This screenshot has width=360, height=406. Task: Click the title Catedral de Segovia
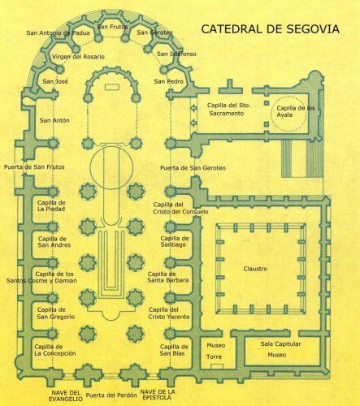pyautogui.click(x=270, y=29)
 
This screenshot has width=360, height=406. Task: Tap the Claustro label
pyautogui.click(x=255, y=269)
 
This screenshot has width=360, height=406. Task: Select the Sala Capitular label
pyautogui.click(x=280, y=344)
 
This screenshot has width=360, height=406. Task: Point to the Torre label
pyautogui.click(x=214, y=356)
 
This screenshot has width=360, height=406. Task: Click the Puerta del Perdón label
pyautogui.click(x=111, y=395)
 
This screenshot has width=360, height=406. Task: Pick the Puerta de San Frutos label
pyautogui.click(x=34, y=167)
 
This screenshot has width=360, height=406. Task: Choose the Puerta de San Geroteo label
pyautogui.click(x=193, y=168)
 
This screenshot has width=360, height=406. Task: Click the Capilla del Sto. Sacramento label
pyautogui.click(x=228, y=110)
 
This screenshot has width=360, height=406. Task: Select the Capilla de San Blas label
pyautogui.click(x=174, y=350)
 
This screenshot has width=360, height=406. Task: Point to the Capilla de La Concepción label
pyautogui.click(x=55, y=350)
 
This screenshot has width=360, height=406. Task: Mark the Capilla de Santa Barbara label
pyautogui.click(x=168, y=277)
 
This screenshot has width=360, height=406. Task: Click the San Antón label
pyautogui.click(x=54, y=120)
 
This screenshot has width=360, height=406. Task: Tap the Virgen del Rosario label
pyautogui.click(x=78, y=57)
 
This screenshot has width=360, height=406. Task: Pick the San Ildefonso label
pyautogui.click(x=176, y=54)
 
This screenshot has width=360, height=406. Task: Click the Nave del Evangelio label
pyautogui.click(x=66, y=395)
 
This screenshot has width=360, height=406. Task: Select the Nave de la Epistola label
pyautogui.click(x=158, y=395)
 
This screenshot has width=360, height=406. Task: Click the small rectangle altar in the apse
pyautogui.click(x=112, y=87)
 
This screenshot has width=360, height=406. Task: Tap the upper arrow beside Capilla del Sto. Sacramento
pyautogui.click(x=193, y=108)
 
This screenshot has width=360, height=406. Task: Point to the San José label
pyautogui.click(x=55, y=81)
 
